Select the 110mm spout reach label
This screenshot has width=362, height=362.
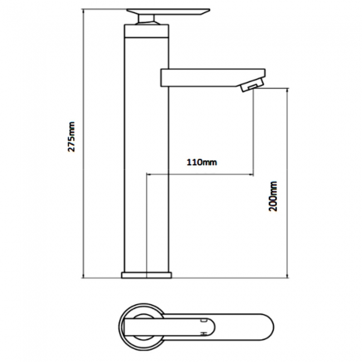(x=201, y=163)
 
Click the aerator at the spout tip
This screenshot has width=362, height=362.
(x=251, y=86)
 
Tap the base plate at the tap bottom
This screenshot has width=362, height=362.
(x=146, y=275)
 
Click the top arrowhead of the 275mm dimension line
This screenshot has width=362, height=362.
(x=83, y=11)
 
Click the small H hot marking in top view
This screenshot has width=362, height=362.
(x=203, y=332)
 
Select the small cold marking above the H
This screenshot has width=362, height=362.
(x=203, y=320)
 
